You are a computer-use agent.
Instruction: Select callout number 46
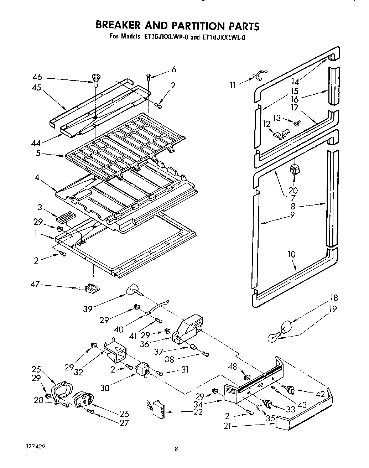coord(37,77)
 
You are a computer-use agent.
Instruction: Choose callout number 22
coord(198,412)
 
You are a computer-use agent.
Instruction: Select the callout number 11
coord(233,85)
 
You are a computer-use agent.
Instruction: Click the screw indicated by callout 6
coord(149,77)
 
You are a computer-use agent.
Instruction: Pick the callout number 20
coord(293,191)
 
